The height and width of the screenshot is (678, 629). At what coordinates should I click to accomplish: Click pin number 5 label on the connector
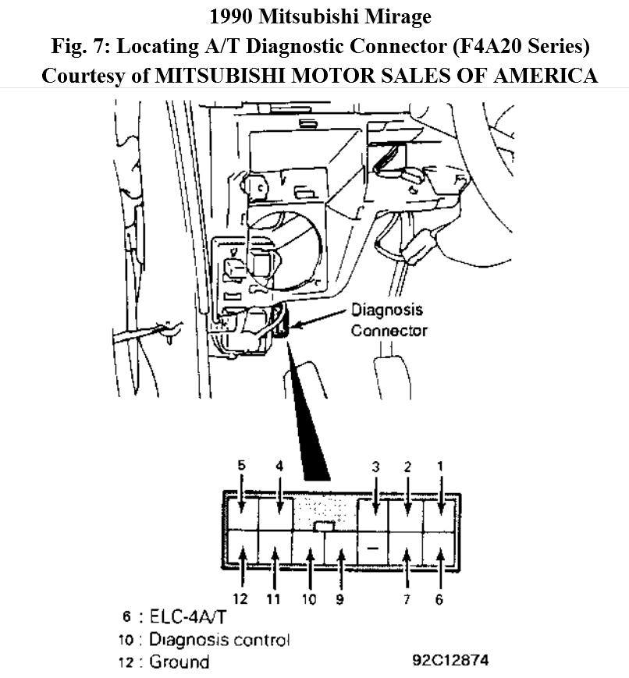[x=242, y=465]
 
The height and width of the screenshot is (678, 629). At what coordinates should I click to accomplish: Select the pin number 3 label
[x=375, y=467]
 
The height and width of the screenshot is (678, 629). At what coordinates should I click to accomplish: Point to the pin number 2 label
[x=407, y=467]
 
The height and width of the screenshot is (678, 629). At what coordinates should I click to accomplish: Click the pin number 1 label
[x=440, y=466]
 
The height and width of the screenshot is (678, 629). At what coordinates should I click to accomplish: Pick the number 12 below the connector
[x=242, y=599]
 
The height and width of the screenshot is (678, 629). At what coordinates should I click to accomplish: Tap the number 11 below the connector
[x=274, y=599]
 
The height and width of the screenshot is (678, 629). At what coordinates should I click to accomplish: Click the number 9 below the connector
[x=340, y=599]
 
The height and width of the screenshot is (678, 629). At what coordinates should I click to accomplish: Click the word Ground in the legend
[x=179, y=662]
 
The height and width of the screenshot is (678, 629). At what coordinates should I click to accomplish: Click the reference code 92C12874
[x=450, y=660]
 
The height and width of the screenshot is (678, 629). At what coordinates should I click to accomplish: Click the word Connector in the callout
[x=389, y=330]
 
